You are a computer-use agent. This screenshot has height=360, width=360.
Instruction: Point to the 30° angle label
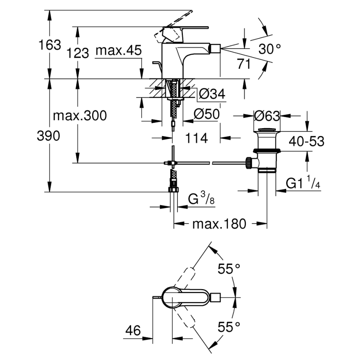270,50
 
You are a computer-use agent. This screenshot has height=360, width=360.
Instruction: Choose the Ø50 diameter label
206,115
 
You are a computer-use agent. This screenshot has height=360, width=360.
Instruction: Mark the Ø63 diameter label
267,116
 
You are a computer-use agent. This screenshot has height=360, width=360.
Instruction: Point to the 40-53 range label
306,141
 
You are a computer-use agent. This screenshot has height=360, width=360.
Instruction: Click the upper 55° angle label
229,269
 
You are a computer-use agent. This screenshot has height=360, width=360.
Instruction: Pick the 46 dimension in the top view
133,331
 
